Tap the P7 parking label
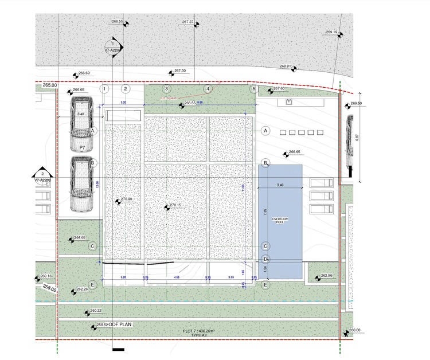(x=82, y=148)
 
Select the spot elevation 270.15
(x=175, y=205)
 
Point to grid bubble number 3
(x=166, y=89)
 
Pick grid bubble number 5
(x=253, y=89)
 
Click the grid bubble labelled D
(x=265, y=259)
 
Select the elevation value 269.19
(x=331, y=32)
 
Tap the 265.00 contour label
(x=50, y=85)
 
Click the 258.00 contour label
(x=49, y=289)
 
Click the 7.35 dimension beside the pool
(x=265, y=212)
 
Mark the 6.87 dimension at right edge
(x=356, y=138)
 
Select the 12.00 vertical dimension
(x=97, y=185)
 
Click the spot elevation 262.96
(x=326, y=276)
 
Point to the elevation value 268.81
(x=286, y=66)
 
